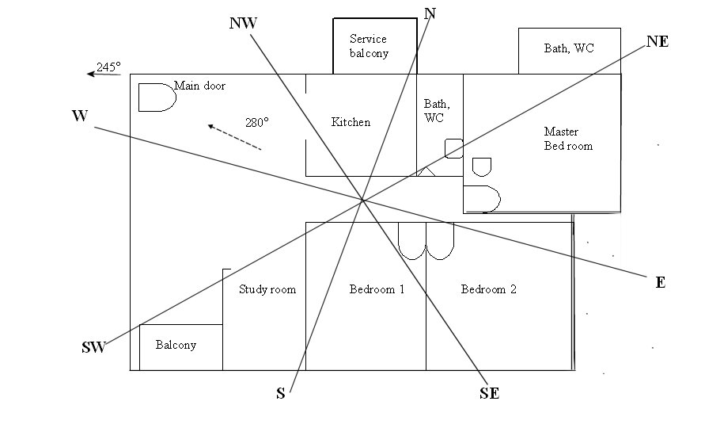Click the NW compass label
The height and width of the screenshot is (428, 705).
[243, 23]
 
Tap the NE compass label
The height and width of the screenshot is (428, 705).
[657, 42]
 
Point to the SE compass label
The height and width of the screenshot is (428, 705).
[489, 393]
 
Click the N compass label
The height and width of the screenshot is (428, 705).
[430, 13]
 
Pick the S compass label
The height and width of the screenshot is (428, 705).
[280, 394]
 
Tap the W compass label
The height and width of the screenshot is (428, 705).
[79, 117]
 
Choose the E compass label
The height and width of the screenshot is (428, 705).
[660, 283]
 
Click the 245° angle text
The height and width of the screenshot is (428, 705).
[108, 67]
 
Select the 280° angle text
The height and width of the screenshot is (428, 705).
[256, 123]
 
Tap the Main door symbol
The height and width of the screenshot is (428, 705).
[156, 97]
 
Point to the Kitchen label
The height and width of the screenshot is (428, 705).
[351, 122]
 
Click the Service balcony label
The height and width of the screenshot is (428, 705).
[369, 46]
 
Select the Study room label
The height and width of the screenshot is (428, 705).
[267, 289]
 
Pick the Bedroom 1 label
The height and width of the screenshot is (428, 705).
[377, 289]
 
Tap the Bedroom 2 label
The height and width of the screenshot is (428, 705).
[488, 289]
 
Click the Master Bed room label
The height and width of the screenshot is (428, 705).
[567, 139]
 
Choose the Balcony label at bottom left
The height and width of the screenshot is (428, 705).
[176, 346]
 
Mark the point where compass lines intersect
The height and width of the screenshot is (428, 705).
[362, 199]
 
